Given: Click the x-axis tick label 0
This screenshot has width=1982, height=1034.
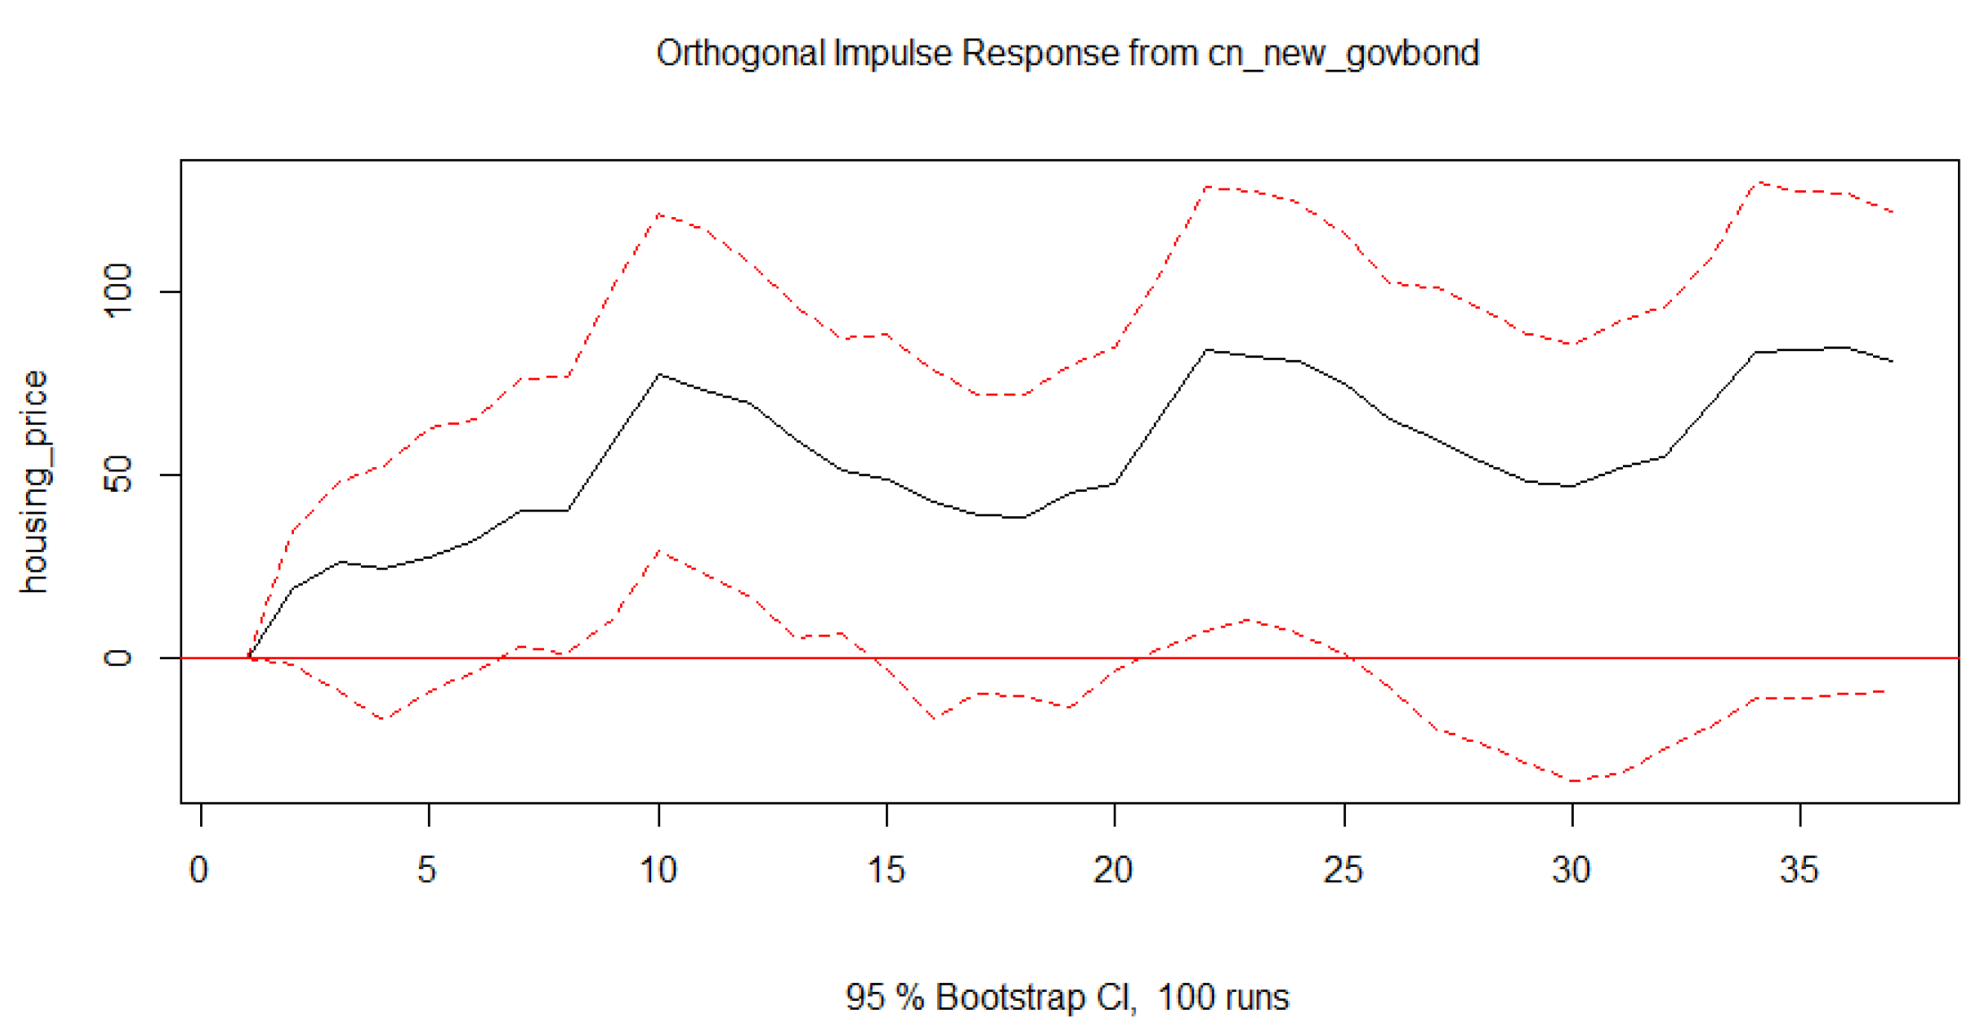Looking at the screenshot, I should [x=198, y=869].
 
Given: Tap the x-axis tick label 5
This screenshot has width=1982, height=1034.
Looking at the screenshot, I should [x=427, y=869].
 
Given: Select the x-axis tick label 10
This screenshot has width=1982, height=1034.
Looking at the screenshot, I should [x=658, y=869].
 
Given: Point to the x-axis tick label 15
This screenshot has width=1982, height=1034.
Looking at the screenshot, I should [x=886, y=869].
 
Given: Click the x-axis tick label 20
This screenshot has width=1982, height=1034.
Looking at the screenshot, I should [x=1113, y=869].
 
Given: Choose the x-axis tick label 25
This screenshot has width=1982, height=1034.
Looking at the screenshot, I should [x=1343, y=869].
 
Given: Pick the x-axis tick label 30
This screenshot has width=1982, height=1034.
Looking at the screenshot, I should [x=1571, y=869].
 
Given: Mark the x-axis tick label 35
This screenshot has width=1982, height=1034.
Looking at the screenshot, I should [x=1799, y=869].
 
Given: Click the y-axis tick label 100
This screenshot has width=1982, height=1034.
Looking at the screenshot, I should [x=118, y=290].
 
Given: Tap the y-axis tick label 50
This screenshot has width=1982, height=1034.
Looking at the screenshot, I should [x=118, y=474].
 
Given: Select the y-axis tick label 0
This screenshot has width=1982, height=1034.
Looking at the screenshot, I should [x=118, y=658].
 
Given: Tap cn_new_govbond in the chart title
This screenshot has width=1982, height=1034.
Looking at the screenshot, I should [x=1343, y=54].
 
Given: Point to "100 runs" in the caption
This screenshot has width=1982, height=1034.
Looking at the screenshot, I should [x=1223, y=996].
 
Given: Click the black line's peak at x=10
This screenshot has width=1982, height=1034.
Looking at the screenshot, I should [x=659, y=374].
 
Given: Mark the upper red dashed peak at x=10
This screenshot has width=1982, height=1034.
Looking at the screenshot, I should [x=659, y=214].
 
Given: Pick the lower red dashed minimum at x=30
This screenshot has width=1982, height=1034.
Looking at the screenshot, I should [x=1573, y=781].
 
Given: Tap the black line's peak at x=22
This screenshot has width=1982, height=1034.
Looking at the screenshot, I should [x=1207, y=350].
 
